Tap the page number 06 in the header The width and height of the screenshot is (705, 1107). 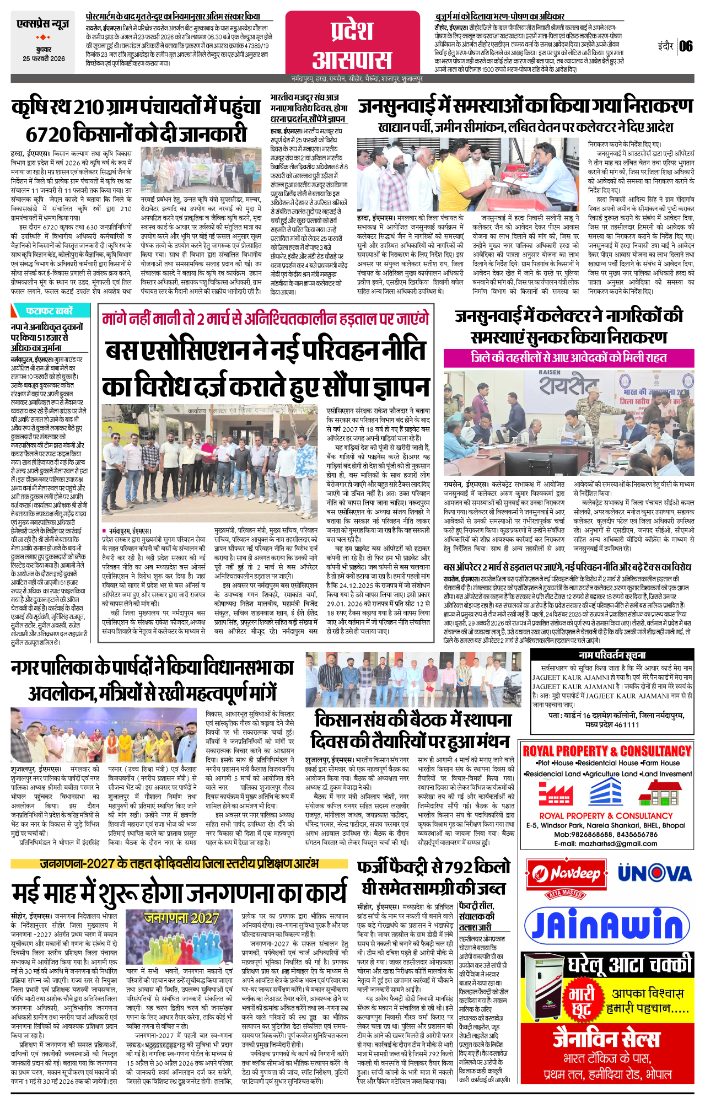click(686, 46)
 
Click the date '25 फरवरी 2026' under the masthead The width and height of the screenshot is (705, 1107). click(44, 59)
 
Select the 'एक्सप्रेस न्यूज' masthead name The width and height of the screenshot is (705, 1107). click(43, 24)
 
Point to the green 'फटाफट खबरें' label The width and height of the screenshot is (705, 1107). click(50, 310)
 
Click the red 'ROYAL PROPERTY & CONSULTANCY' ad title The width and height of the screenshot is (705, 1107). click(607, 751)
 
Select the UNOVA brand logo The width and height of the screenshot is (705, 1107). click(654, 873)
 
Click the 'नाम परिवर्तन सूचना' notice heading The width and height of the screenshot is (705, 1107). click(612, 655)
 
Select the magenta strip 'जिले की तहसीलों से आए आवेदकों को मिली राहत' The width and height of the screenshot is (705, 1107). click(569, 357)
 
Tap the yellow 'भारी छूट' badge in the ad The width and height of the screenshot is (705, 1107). click(582, 1002)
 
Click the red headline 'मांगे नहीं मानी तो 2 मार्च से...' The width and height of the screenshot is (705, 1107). click(265, 319)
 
